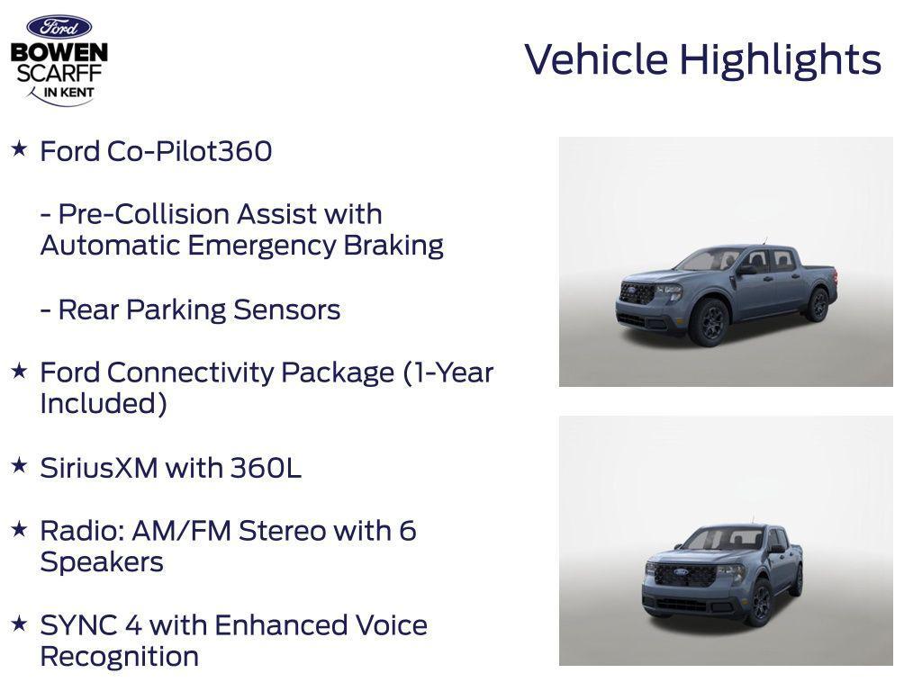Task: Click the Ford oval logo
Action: (59, 27)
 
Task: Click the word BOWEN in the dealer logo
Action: (59, 52)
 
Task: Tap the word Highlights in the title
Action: (780, 59)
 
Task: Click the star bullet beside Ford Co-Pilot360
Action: (19, 148)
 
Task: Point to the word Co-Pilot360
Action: (189, 151)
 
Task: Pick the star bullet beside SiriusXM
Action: (19, 465)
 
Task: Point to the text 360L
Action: (266, 468)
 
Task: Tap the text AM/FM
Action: (181, 531)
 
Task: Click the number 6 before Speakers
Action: (407, 531)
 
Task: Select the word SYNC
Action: (75, 625)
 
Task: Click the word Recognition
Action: (119, 657)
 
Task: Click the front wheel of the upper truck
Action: (708, 322)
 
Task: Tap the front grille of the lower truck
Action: (683, 576)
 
